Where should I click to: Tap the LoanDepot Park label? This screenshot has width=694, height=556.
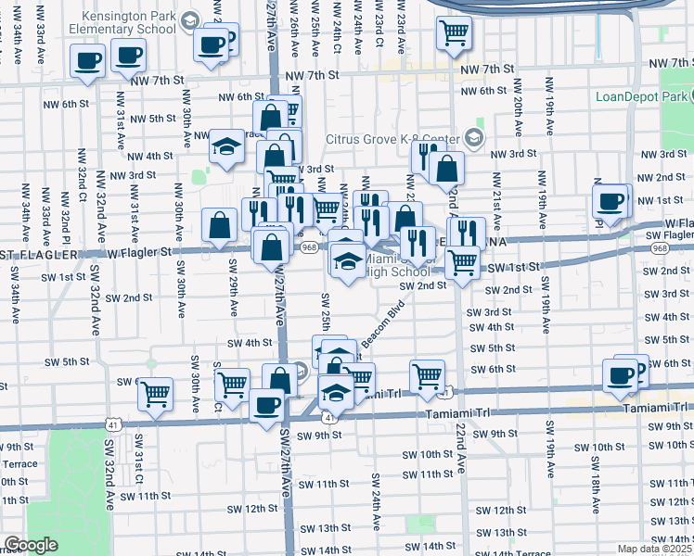pos(643,96)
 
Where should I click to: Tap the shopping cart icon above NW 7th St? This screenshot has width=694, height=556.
pos(454,33)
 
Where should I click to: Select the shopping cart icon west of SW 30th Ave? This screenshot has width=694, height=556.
pos(156,393)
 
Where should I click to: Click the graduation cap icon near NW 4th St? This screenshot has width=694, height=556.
pos(226,145)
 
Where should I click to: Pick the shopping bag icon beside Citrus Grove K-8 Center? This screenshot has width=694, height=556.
pos(446,169)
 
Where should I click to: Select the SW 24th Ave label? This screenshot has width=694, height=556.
pos(377,501)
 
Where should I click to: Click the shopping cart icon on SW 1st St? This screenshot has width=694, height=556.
pos(462,262)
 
